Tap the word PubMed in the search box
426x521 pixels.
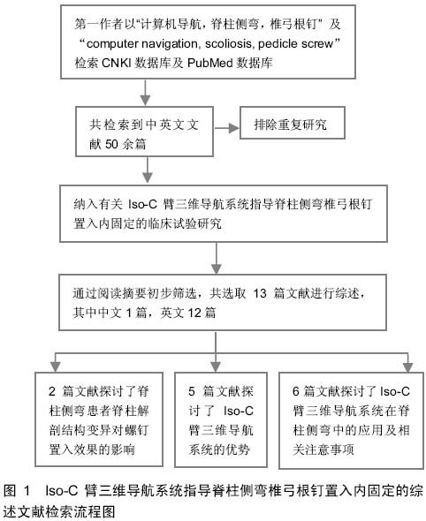[x=209, y=63]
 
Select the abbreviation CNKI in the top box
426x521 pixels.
[x=116, y=63]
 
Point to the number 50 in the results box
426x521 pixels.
[x=111, y=144]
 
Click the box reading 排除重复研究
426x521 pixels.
[x=293, y=123]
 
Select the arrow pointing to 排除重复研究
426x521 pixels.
[x=226, y=128]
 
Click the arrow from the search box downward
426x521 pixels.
[x=145, y=93]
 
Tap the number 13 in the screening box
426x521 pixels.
[x=260, y=293]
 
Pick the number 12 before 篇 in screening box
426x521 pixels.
[x=194, y=313]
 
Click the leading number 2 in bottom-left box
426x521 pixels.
[x=52, y=391]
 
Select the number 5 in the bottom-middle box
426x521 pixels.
[x=192, y=391]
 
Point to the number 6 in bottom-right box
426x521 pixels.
[x=296, y=391]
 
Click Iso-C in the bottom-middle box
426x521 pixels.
[x=239, y=411]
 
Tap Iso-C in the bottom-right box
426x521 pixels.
[x=395, y=391]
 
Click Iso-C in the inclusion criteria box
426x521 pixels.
[x=142, y=204]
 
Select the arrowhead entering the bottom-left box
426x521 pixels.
[x=55, y=366]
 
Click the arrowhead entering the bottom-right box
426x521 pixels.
[x=408, y=366]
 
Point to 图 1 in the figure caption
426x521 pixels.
[x=17, y=490]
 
